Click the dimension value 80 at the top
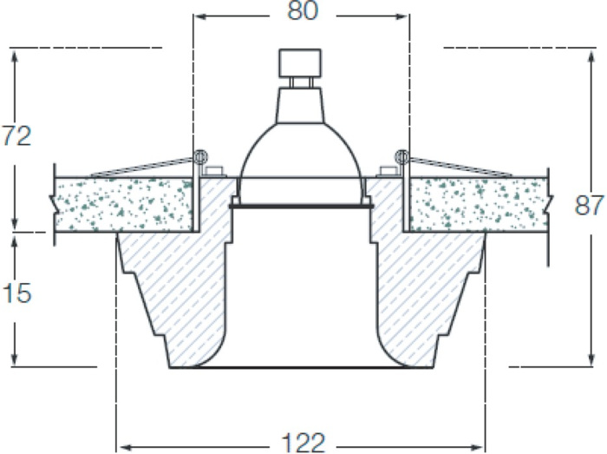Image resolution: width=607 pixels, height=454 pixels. point(303,10)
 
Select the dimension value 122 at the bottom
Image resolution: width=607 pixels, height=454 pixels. point(303,443)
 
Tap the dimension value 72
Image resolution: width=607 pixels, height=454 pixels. point(16,136)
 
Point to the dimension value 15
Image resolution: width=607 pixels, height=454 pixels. point(16,293)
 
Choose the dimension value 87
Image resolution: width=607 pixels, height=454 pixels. point(589,206)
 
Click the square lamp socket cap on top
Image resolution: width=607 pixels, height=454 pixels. point(300,63)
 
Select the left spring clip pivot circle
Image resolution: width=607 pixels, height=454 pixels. point(200,157)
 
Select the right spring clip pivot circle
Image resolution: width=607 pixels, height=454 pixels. point(401,157)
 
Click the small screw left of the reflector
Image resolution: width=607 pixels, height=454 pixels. point(214,172)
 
